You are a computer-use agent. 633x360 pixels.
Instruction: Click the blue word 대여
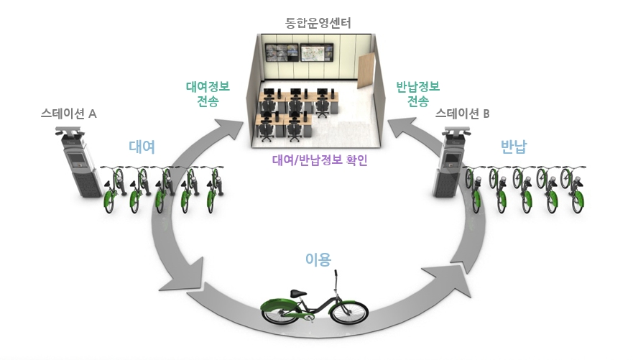click(142, 147)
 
